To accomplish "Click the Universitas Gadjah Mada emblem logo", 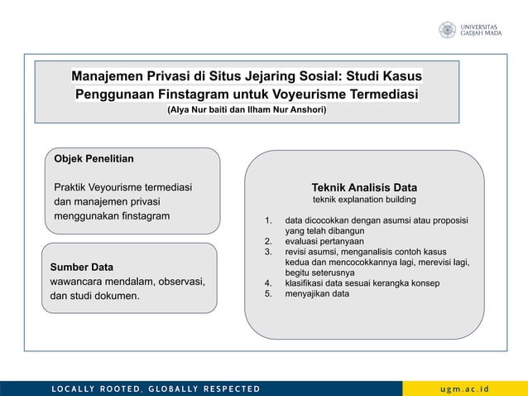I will click(x=447, y=30).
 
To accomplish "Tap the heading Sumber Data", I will click(x=82, y=267).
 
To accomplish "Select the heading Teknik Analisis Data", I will click(x=363, y=186).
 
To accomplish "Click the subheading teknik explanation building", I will click(x=363, y=200).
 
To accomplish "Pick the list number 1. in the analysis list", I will click(x=268, y=221).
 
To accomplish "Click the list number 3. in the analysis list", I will click(x=268, y=252).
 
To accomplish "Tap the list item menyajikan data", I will click(x=317, y=293).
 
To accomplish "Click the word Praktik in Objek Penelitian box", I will click(x=73, y=186).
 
